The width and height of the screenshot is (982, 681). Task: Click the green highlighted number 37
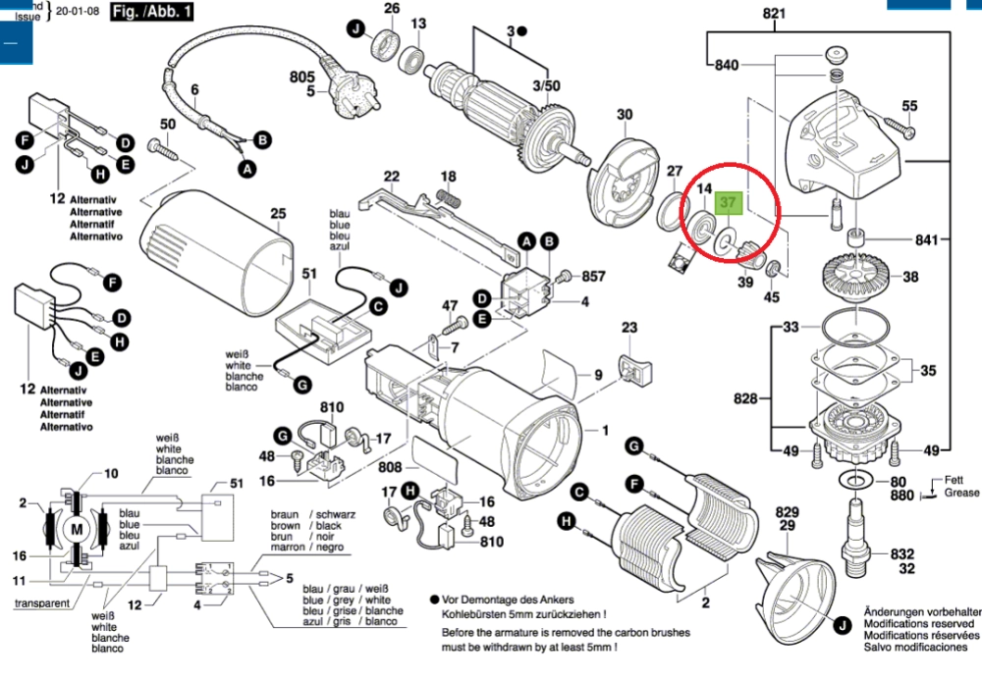pos(729,204)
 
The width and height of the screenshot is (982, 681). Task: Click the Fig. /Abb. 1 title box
pos(152,13)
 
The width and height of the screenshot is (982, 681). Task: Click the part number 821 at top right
pos(775,14)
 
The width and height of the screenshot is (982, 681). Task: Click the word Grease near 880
pos(961,494)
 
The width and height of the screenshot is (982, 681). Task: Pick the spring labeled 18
pos(450,197)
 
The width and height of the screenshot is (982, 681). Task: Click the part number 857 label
pos(593,278)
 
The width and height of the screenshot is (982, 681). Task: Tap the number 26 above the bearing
pos(392,9)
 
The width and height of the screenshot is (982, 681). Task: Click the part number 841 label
pos(927,239)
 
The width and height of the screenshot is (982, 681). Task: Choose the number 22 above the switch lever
pos(392,177)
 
